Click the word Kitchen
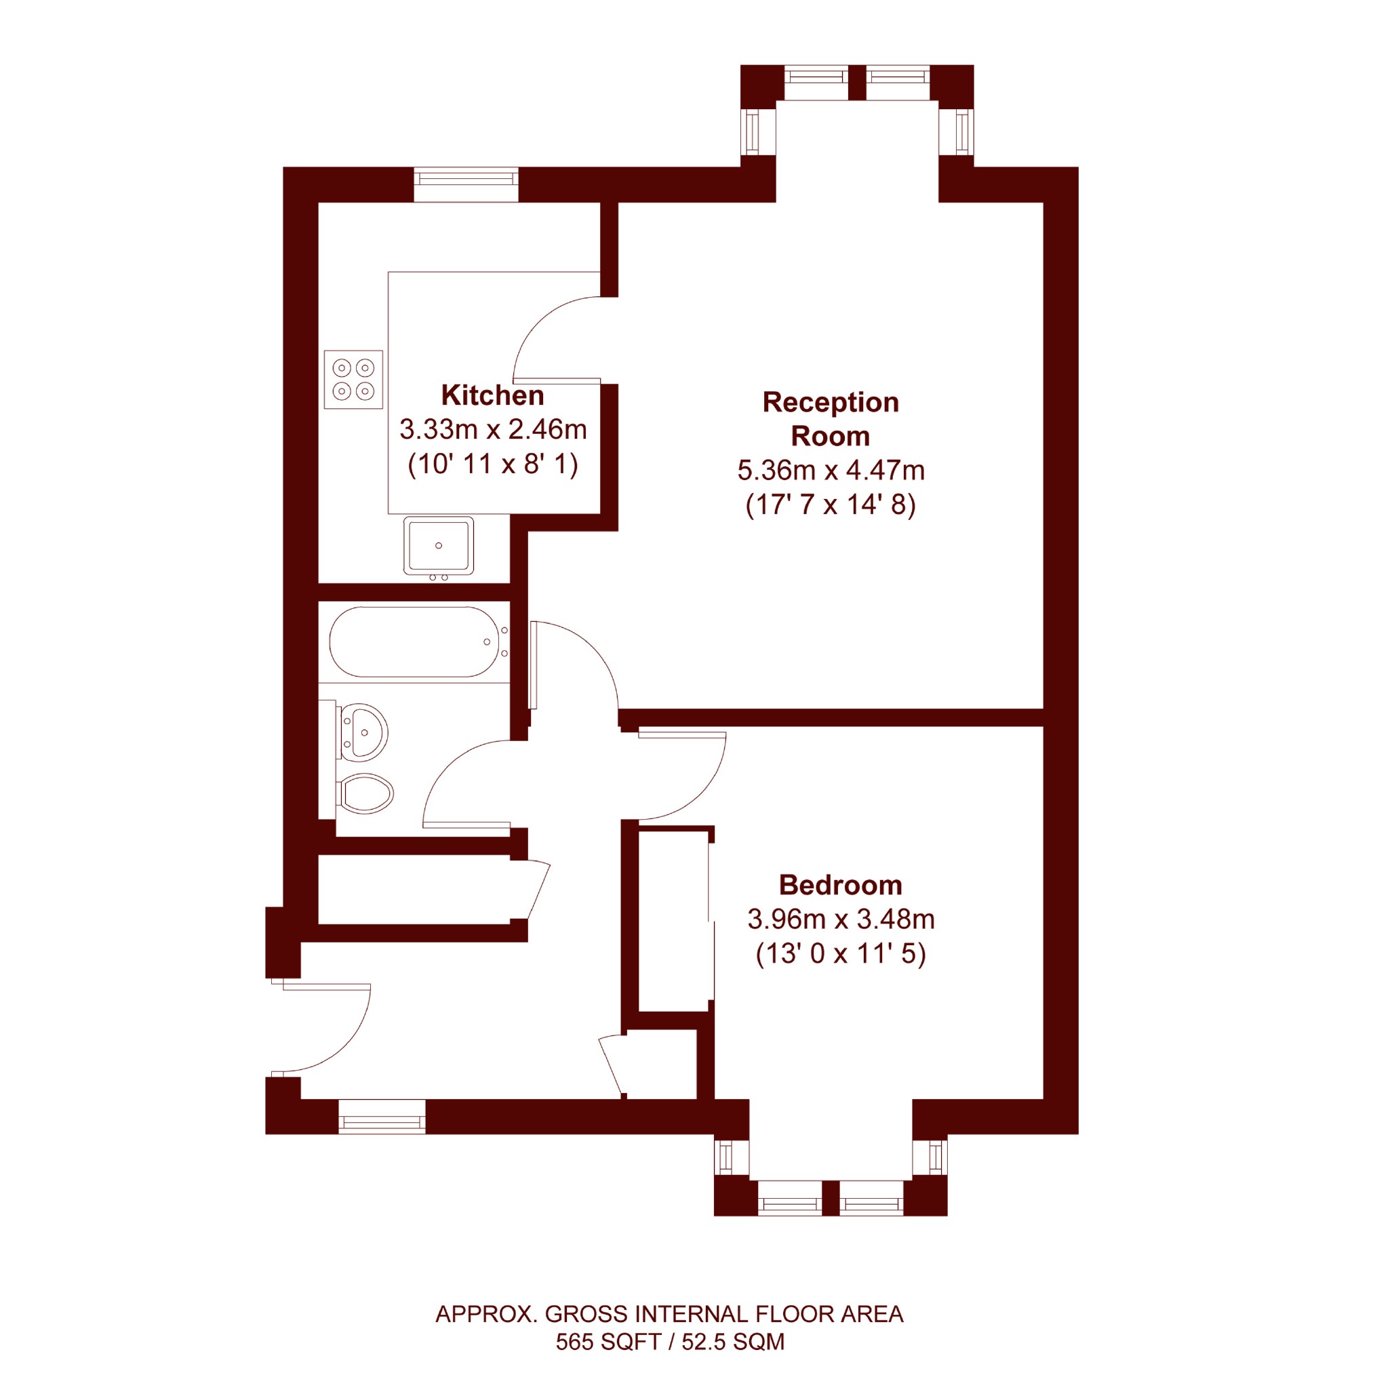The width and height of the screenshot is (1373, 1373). point(492,395)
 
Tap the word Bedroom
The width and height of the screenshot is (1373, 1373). point(841,885)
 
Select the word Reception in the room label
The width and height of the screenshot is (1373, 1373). point(831,402)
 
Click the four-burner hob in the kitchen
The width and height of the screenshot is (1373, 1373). point(353,380)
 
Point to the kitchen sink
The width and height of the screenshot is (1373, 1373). point(439,546)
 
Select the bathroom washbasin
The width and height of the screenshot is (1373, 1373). point(364,733)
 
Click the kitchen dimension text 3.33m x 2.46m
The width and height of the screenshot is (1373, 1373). point(493,429)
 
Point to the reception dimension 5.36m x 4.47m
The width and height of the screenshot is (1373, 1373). point(831,471)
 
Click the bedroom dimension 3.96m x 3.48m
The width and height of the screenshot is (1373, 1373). point(841,919)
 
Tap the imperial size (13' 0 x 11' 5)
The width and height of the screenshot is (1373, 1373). point(841,954)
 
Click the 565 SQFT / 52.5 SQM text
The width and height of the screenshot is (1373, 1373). point(670,1342)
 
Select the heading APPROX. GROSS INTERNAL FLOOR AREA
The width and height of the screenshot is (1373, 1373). point(669,1314)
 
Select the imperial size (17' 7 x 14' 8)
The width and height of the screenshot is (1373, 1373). point(831,505)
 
